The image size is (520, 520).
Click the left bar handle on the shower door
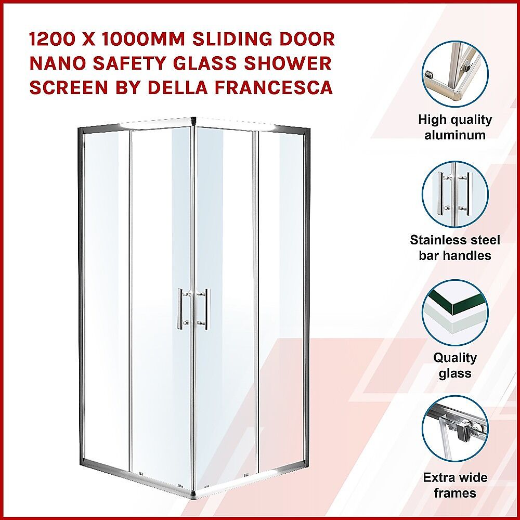pyautogui.click(x=180, y=309)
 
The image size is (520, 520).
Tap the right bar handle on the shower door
pyautogui.click(x=206, y=309)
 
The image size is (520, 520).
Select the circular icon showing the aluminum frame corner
pyautogui.click(x=455, y=74)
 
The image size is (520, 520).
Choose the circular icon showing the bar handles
pyautogui.click(x=455, y=194)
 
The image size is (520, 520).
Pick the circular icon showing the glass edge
pyautogui.click(x=455, y=313)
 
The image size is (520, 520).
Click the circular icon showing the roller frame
pyautogui.click(x=455, y=429)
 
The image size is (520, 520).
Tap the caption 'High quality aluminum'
pyautogui.click(x=455, y=127)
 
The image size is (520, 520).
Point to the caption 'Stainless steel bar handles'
pyautogui.click(x=455, y=248)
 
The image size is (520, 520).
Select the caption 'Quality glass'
pyautogui.click(x=455, y=366)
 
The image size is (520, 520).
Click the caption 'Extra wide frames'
pyautogui.click(x=455, y=485)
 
